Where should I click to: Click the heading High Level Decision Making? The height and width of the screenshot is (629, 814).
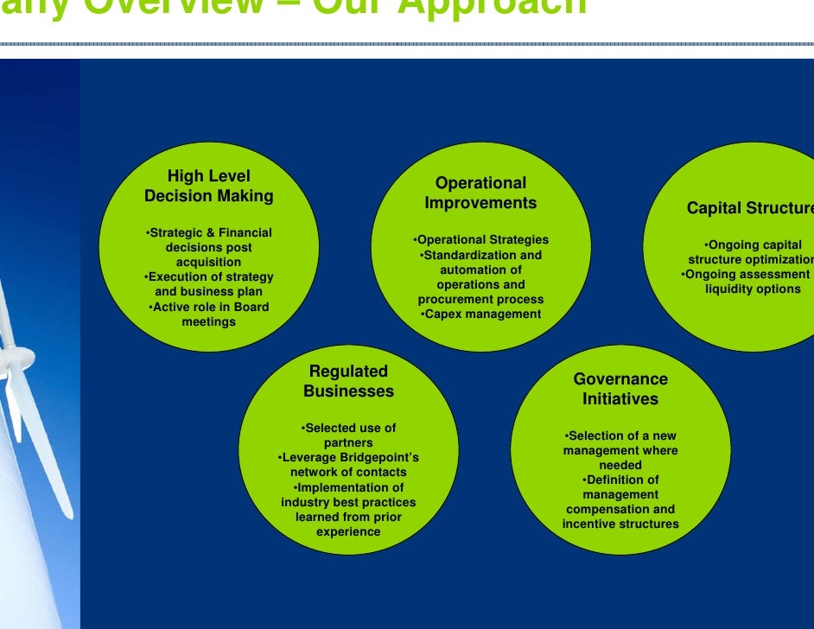pos(208,187)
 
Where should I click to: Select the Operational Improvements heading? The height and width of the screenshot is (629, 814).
pos(480,193)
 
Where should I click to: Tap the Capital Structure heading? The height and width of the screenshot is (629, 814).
pos(749,208)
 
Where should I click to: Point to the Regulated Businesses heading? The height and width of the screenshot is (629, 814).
pos(348,381)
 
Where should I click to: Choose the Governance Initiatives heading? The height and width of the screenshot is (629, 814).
pos(620,389)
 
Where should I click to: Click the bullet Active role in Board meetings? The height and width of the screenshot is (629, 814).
pos(208,314)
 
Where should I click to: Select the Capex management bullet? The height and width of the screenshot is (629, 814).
pos(481,314)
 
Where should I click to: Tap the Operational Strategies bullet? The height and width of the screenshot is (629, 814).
pos(481,240)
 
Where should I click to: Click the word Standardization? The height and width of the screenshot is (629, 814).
pos(462,256)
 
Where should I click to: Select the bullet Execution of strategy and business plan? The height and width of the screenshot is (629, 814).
pos(208,284)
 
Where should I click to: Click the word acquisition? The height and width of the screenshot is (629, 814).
pos(208,262)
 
